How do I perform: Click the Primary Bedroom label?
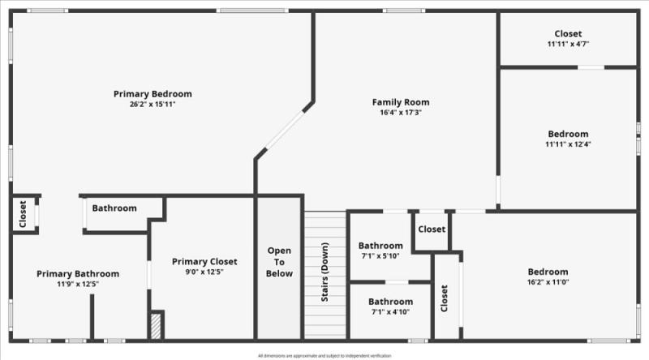[153, 94]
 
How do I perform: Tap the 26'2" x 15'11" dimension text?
[153, 105]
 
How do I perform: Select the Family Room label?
[401, 102]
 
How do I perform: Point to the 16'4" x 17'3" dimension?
[401, 113]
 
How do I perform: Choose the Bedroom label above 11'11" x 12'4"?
[568, 134]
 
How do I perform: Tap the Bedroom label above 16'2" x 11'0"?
[548, 272]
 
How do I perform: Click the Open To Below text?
[279, 262]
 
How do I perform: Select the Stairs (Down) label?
[324, 272]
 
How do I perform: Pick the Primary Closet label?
[204, 261]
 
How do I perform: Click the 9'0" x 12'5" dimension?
[204, 272]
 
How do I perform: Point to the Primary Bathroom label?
[78, 273]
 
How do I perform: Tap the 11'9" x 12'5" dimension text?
[78, 284]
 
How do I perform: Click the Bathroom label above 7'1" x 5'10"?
[380, 246]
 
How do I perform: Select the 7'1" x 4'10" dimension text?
[390, 312]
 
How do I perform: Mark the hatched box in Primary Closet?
[156, 326]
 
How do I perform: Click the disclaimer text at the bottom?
[324, 355]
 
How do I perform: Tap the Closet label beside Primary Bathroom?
[23, 215]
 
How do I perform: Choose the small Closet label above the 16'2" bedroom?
[432, 229]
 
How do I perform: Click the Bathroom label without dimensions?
[114, 208]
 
